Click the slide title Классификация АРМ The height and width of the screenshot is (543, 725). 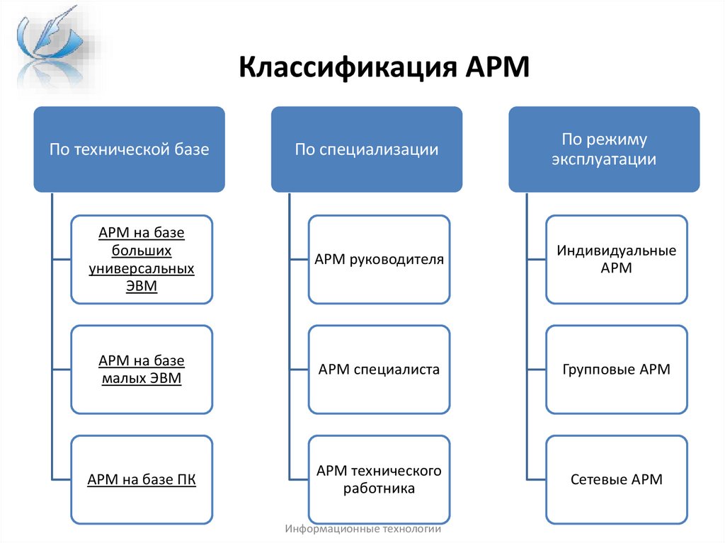(x=384, y=69)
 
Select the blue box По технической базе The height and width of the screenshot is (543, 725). (x=129, y=149)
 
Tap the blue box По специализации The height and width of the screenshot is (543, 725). (x=367, y=149)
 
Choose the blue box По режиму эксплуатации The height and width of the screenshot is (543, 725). (x=604, y=149)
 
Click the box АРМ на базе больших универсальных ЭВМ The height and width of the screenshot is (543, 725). (x=142, y=259)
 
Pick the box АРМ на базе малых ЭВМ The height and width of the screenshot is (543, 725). (x=142, y=370)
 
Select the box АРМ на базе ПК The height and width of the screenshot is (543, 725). (x=142, y=479)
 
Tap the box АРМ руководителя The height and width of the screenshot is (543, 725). (x=379, y=259)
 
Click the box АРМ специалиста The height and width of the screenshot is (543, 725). (x=379, y=370)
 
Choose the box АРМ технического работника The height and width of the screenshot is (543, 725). (x=379, y=479)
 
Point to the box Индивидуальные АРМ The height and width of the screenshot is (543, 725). (x=616, y=259)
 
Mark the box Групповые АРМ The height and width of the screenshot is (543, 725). (x=616, y=370)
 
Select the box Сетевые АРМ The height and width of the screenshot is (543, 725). (x=616, y=479)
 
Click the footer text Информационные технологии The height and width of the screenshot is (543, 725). (x=363, y=529)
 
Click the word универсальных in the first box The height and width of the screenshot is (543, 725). (x=142, y=268)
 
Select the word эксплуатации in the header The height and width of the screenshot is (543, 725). (x=604, y=159)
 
